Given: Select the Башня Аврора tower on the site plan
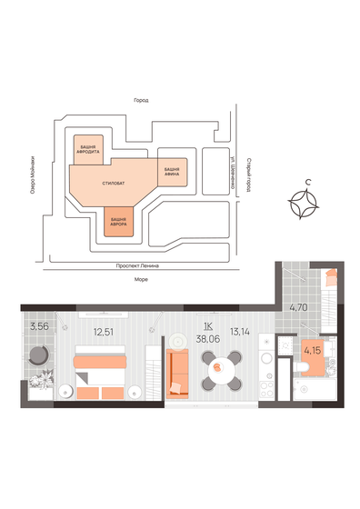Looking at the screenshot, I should [x=118, y=221].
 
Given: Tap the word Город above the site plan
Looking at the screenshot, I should [x=140, y=100].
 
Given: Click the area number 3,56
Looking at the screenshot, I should [x=38, y=326].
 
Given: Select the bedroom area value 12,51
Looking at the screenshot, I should [x=103, y=332].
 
